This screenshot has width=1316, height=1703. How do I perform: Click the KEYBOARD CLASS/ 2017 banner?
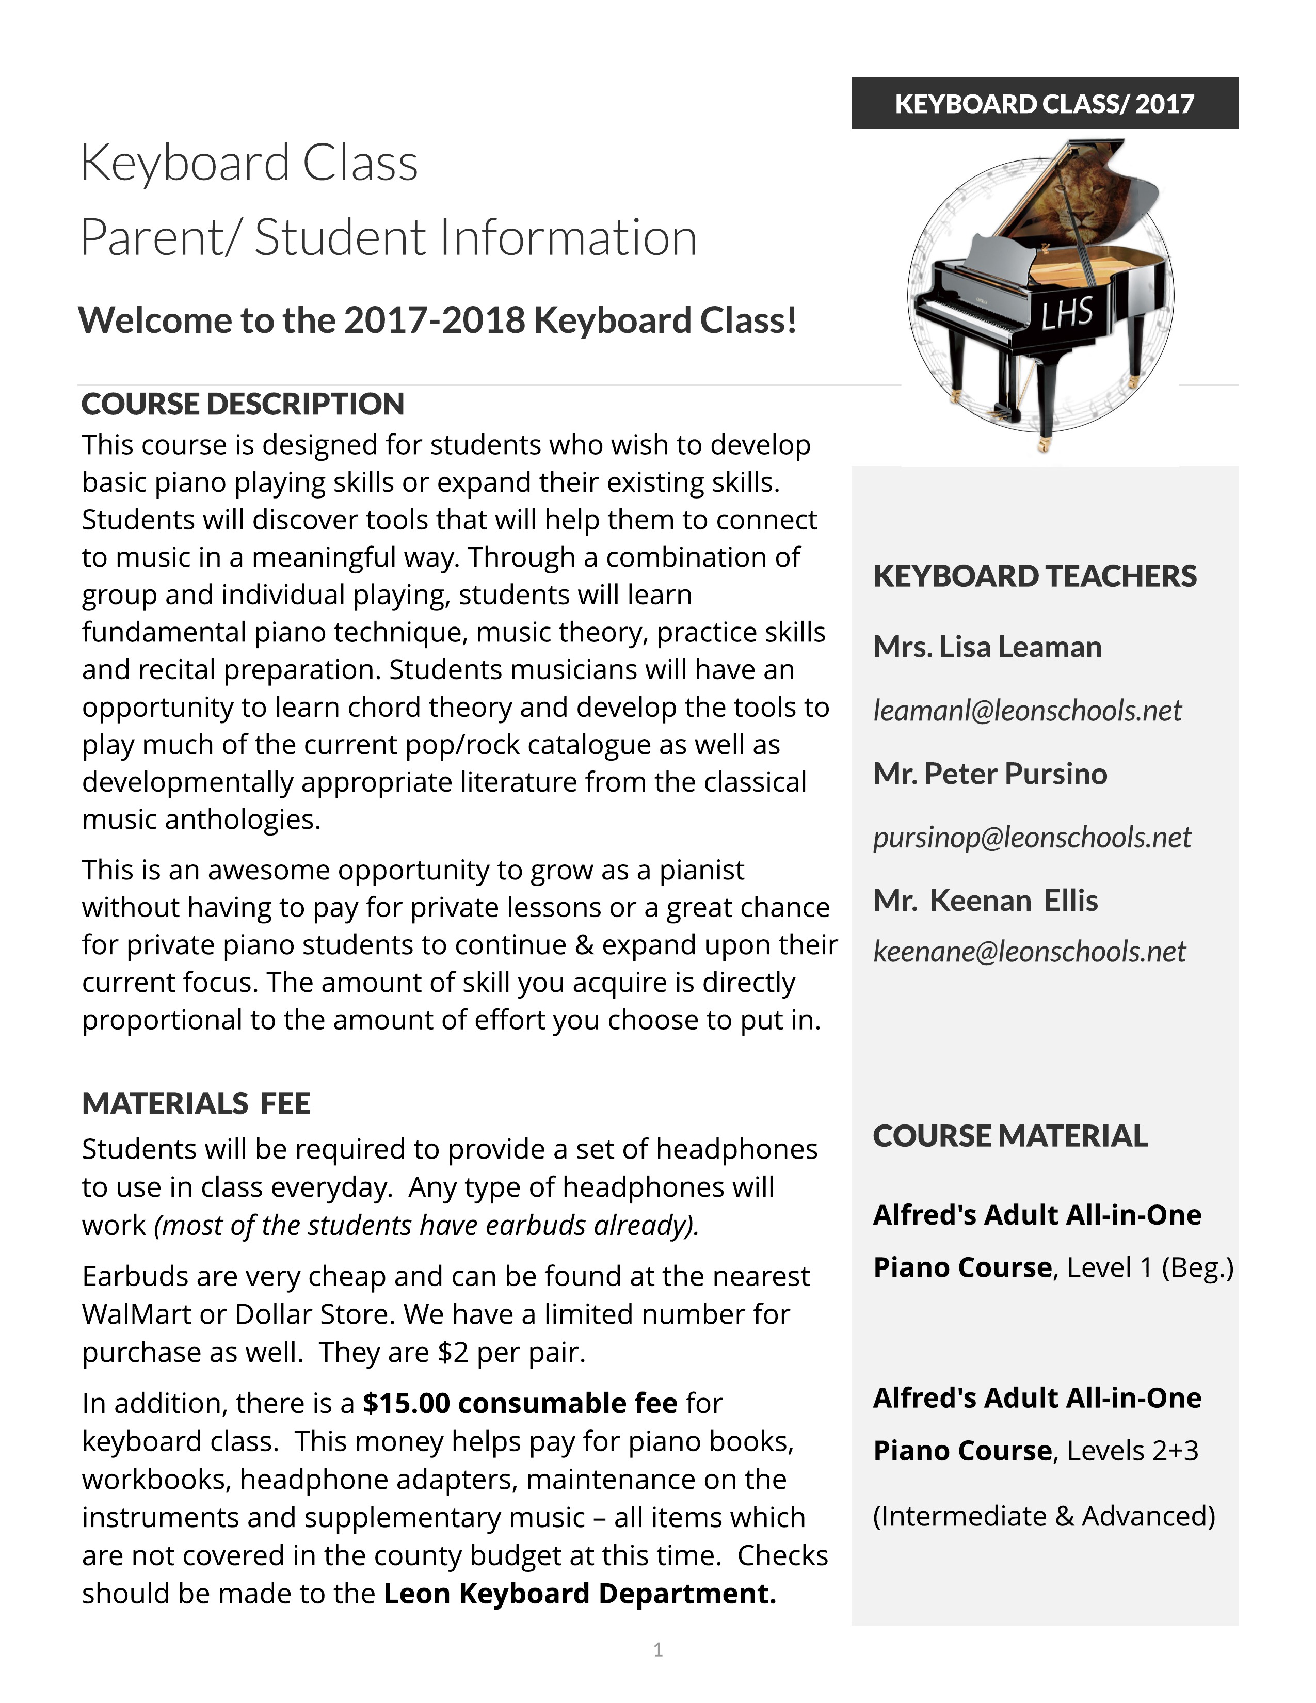(1044, 104)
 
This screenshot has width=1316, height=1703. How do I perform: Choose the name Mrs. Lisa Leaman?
(987, 647)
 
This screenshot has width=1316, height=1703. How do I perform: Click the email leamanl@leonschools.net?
(1027, 711)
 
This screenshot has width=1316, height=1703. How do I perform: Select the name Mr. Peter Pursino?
(989, 774)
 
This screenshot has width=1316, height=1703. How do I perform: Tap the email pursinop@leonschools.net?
(1032, 838)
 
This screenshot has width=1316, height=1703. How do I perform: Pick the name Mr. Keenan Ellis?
(985, 901)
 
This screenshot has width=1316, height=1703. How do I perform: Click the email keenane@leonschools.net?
(1029, 951)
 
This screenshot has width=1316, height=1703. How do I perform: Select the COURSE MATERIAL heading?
(1009, 1136)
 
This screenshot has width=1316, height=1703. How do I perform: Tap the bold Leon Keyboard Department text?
(580, 1593)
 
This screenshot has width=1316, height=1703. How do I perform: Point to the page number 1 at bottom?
(658, 1649)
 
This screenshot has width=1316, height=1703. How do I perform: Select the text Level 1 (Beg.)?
(1150, 1268)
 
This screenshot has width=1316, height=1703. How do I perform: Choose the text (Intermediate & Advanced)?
(1044, 1516)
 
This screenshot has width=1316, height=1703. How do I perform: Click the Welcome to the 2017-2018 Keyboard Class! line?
(437, 320)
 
